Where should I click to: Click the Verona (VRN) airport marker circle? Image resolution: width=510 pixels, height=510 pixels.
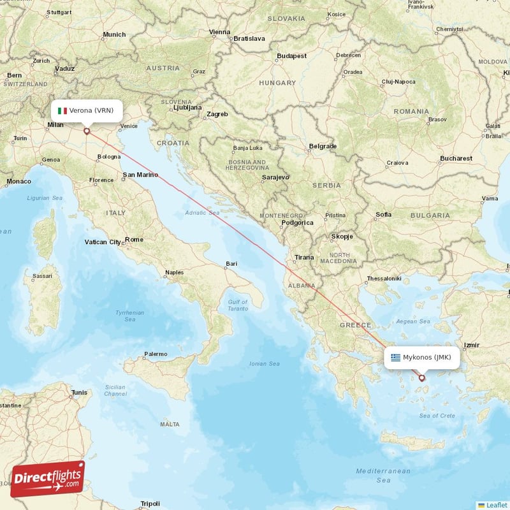87,132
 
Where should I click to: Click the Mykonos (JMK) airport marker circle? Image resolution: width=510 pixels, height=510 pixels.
421,378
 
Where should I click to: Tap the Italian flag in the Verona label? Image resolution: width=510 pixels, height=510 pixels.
62,110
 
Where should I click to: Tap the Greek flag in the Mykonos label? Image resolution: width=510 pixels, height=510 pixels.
396,357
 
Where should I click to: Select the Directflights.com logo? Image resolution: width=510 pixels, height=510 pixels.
48,479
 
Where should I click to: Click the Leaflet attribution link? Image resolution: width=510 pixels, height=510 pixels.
493,505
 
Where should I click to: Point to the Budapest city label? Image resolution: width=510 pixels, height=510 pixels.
292,56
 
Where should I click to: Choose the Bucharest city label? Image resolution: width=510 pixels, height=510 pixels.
456,158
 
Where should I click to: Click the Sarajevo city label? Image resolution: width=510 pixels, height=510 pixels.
275,177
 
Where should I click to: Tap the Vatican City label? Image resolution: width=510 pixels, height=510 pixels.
103,242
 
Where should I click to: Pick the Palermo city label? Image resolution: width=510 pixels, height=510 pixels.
156,354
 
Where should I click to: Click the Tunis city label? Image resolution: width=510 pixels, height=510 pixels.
79,393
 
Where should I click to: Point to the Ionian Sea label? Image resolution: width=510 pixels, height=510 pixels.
265,364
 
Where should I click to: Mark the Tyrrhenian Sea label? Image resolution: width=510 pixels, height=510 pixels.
130,316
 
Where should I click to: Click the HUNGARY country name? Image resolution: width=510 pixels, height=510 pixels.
277,83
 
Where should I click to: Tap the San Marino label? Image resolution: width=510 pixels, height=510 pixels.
140,175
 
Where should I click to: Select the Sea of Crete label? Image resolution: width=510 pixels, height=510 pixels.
437,416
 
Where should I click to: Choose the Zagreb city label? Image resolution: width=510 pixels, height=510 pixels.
217,114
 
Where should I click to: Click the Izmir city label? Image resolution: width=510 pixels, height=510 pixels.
472,345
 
